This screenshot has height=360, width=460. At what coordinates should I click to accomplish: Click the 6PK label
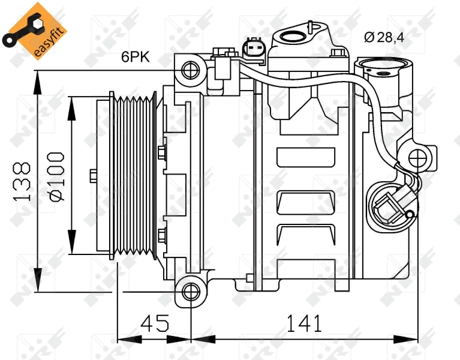point(136,57)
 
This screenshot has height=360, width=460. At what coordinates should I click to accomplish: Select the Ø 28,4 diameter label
point(384,37)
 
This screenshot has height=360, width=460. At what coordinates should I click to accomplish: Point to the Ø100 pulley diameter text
point(56,176)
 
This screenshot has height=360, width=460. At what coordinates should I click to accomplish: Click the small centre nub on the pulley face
point(93,176)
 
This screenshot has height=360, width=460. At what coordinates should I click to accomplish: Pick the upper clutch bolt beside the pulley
point(162,153)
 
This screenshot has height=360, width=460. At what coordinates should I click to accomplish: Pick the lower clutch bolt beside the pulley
point(162,235)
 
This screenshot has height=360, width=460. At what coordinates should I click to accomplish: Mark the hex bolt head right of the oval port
point(339,54)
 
